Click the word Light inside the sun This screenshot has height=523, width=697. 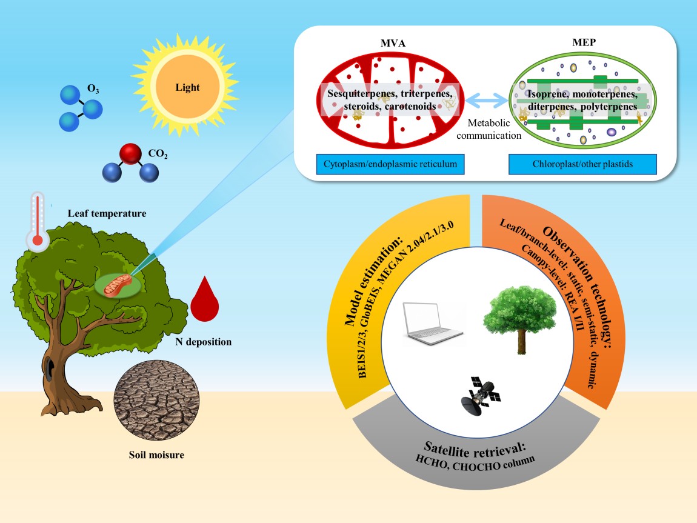coord(187,87)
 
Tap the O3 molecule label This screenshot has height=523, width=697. coord(93,89)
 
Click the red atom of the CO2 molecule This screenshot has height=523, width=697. coord(130,155)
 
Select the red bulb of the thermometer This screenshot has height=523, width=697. coord(38,241)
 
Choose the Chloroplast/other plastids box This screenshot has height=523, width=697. coord(583,164)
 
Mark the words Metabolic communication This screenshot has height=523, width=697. coord(489,129)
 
